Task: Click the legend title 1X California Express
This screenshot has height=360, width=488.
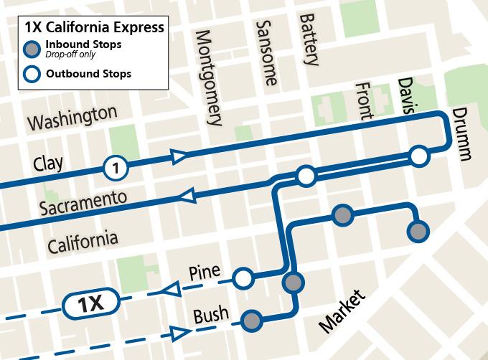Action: click(93, 28)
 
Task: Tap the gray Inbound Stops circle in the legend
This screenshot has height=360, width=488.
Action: click(32, 49)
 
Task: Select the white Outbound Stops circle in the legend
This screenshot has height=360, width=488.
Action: click(32, 73)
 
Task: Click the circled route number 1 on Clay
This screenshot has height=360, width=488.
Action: click(115, 169)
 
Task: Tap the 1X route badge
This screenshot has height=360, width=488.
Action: click(91, 304)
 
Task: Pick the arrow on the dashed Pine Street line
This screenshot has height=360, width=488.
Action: click(169, 288)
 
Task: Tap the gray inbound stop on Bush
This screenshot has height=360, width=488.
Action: click(251, 320)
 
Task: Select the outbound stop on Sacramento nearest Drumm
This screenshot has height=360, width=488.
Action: click(418, 156)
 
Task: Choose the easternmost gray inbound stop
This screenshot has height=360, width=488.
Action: click(418, 231)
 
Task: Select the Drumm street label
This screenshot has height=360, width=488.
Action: click(461, 135)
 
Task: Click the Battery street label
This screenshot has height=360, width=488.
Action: click(309, 39)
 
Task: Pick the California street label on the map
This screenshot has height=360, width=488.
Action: click(83, 241)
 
